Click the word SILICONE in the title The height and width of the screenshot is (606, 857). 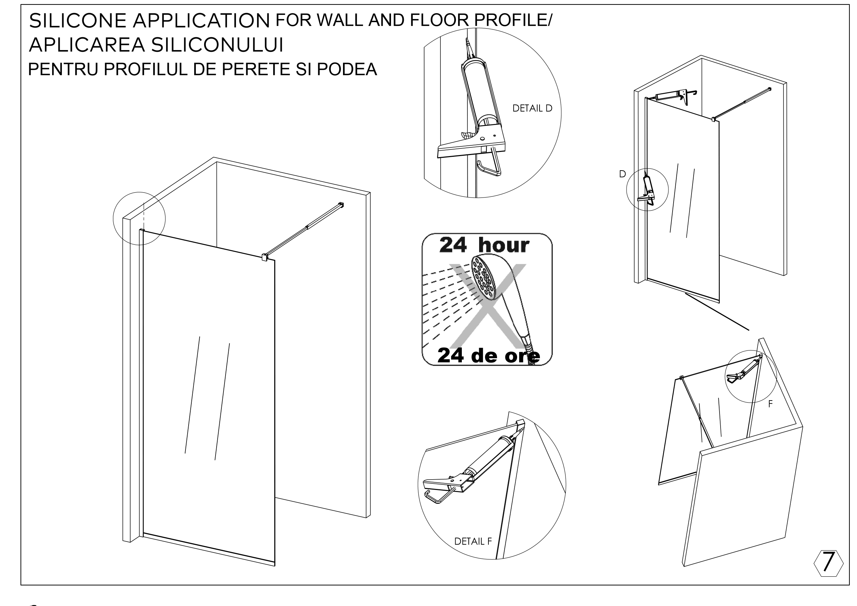point(78,21)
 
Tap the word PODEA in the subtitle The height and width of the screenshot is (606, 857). point(347,69)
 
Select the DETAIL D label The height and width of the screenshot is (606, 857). point(532,108)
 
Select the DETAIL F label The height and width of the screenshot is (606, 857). point(473,541)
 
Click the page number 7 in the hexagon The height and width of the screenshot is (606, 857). point(828,561)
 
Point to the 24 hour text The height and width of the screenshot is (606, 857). point(484,245)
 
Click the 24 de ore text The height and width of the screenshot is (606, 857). point(488,355)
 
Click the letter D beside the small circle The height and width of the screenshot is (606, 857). point(622,174)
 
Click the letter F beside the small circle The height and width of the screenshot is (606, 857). point(770,404)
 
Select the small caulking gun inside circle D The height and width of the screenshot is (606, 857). point(648,190)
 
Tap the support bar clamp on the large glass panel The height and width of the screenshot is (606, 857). point(265,257)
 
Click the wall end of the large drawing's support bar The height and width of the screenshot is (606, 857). point(340,204)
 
